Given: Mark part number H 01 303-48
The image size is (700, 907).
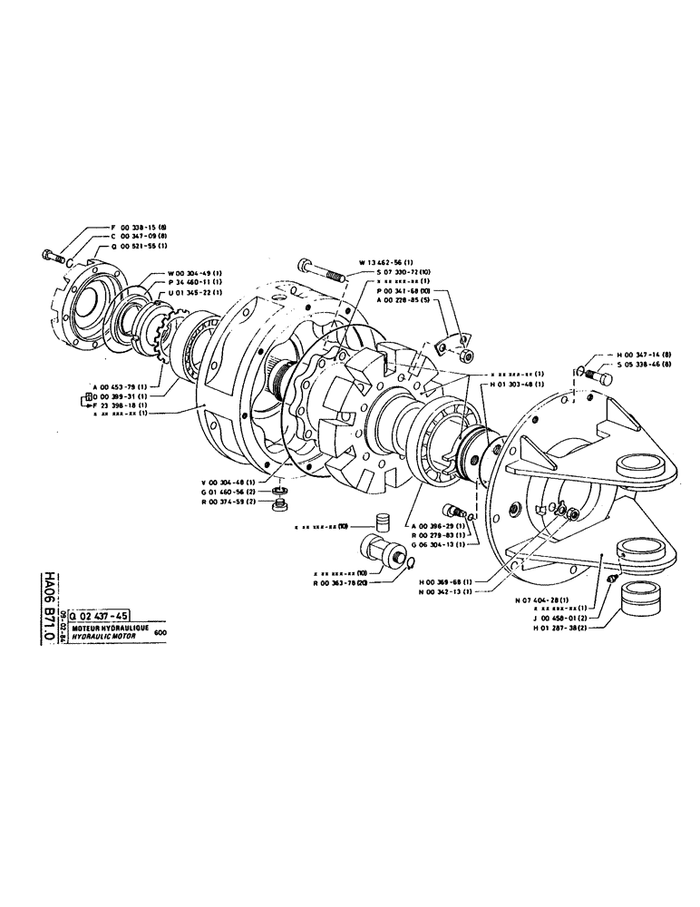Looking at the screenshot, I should (520, 385).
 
